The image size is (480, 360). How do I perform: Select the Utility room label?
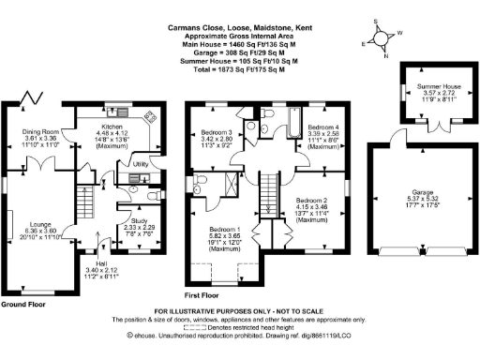tap(142, 164)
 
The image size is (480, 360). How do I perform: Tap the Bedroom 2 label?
tap(311, 201)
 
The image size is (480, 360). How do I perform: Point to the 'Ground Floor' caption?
tap(24, 305)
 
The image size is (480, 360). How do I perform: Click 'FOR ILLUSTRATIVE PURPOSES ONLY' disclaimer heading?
tap(240, 309)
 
